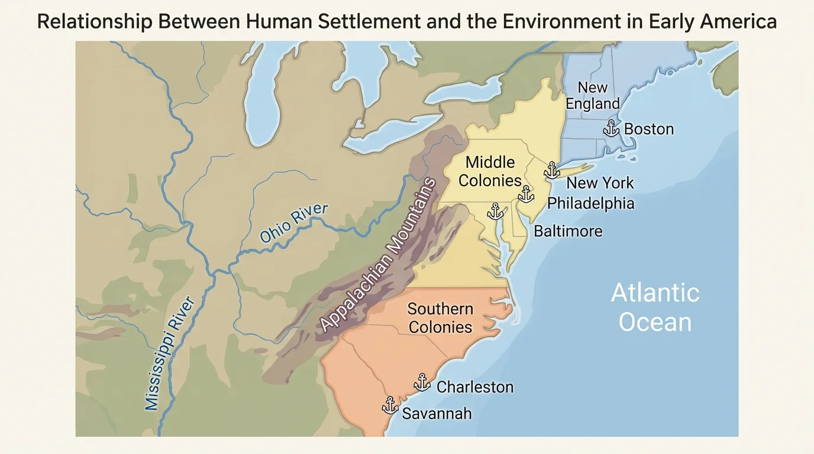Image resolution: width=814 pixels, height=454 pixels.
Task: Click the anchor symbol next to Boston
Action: click(x=611, y=128)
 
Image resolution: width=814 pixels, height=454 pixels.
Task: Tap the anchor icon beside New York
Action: click(x=552, y=170)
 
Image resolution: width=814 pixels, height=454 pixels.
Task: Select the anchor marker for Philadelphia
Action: click(x=525, y=194)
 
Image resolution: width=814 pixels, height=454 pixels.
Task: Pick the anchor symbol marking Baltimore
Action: click(x=495, y=211)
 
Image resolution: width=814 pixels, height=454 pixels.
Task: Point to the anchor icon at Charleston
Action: click(x=422, y=382)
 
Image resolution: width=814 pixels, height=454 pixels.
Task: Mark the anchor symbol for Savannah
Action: click(x=389, y=406)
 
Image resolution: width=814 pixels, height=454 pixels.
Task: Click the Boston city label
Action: click(x=649, y=129)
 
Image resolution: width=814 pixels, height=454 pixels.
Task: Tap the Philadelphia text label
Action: click(x=590, y=203)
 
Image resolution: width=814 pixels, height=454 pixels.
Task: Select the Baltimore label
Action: click(x=568, y=231)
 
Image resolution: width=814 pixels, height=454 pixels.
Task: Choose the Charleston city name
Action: click(x=475, y=387)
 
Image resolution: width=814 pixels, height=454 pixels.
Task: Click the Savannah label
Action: click(x=437, y=413)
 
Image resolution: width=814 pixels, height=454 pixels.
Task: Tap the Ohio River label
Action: click(x=293, y=223)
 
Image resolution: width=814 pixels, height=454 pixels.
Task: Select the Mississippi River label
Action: click(x=170, y=353)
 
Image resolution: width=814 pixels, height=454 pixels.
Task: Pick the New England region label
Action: click(x=592, y=96)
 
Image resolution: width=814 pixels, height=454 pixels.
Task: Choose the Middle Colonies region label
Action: click(x=490, y=171)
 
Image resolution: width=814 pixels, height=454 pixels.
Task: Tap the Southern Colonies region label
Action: click(x=440, y=318)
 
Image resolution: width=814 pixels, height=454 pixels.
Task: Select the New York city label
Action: click(x=600, y=183)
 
